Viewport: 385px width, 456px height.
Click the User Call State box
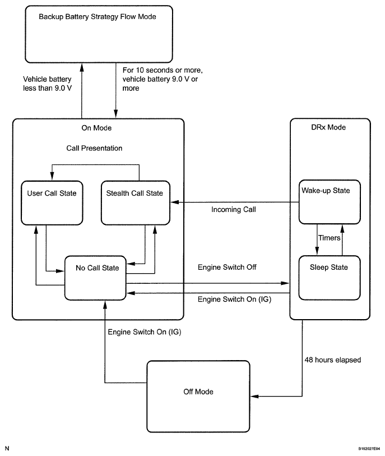click(52, 203)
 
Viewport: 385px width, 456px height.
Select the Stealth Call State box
click(136, 203)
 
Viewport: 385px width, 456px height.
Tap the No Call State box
click(95, 278)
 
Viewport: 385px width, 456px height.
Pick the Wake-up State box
click(330, 202)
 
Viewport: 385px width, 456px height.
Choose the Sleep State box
click(330, 278)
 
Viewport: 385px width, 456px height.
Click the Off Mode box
click(198, 397)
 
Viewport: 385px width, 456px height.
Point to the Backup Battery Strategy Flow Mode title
click(98, 17)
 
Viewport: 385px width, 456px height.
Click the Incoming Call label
click(234, 209)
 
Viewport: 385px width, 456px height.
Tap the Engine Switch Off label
click(227, 267)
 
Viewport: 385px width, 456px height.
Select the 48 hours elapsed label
click(333, 360)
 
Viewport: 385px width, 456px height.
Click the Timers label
click(329, 238)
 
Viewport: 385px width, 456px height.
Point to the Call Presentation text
click(94, 148)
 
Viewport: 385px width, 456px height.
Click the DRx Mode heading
click(328, 127)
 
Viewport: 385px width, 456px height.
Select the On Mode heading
click(96, 128)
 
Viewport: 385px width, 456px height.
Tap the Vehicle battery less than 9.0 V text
click(48, 84)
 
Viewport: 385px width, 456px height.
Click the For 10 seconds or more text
click(163, 70)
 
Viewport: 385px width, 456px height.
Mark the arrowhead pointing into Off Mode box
click(254, 396)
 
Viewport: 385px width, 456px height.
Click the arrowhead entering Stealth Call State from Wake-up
click(174, 202)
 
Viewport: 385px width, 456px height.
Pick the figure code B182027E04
click(369, 449)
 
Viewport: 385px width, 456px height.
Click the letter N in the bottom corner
click(7, 449)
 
